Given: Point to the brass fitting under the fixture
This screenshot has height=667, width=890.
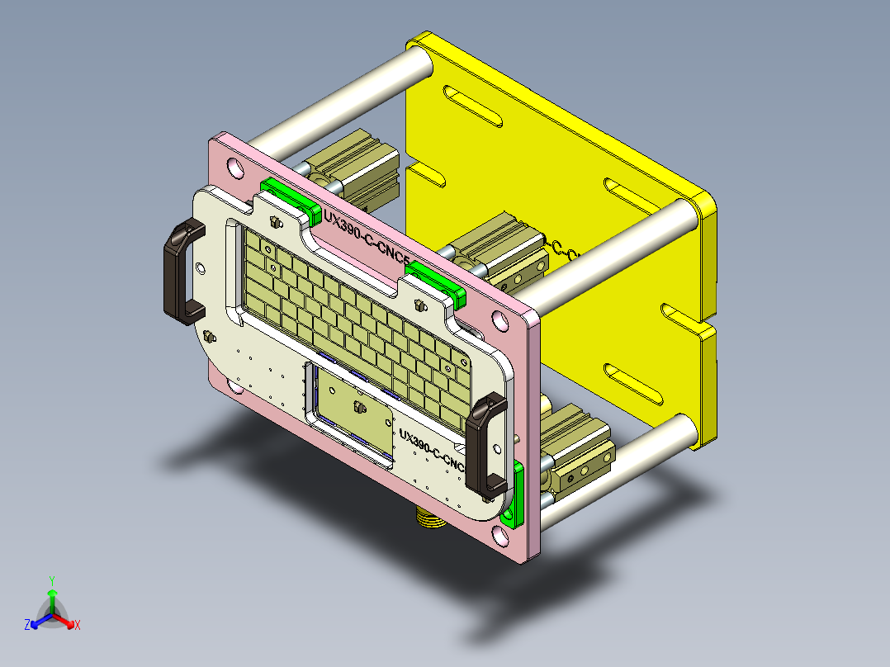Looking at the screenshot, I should pos(427,518).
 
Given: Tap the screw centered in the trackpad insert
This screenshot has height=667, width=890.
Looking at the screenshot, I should pos(358,407).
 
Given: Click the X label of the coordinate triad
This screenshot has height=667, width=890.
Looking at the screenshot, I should pos(77,625).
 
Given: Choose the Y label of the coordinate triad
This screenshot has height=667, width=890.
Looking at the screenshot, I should pos(51,579).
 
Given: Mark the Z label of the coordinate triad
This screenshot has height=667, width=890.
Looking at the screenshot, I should pos(27,625).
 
